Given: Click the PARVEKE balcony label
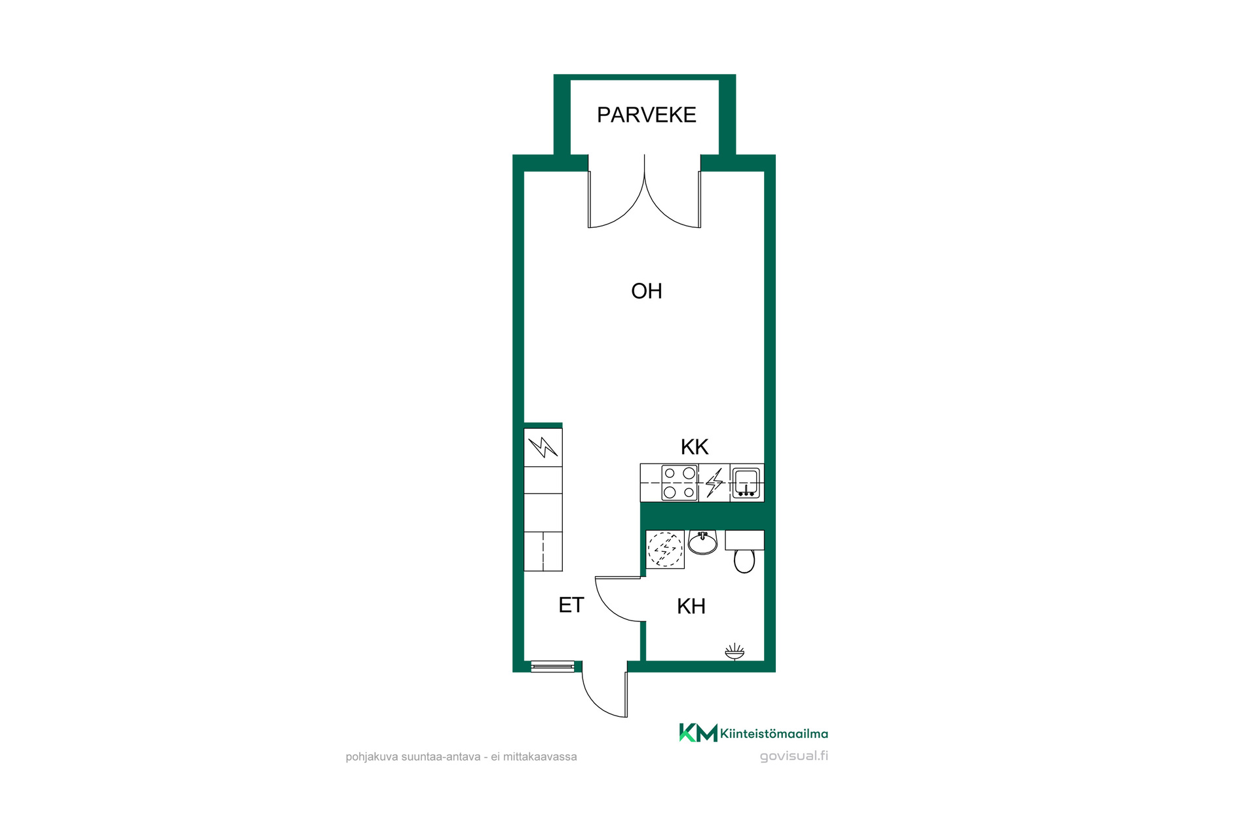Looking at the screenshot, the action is coord(646,115).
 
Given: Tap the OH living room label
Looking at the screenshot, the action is coord(646,291).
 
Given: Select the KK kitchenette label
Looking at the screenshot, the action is coord(695,446).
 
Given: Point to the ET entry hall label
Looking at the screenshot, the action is coord(571,605).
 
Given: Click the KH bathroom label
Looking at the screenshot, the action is coord(691,606).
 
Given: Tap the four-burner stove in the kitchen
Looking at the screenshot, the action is coord(679,483).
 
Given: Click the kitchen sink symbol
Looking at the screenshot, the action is coord(746,483).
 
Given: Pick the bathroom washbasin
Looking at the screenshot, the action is coord(702,543).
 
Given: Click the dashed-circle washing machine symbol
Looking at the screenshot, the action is coord(665,549).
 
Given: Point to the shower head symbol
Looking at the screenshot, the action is coord(734,651).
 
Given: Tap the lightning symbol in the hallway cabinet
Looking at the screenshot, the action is coord(543,447).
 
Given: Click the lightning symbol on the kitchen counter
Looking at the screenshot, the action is coord(714,483).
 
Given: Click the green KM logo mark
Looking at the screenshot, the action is coord(698,733).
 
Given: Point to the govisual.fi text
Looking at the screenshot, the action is coord(793,756).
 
